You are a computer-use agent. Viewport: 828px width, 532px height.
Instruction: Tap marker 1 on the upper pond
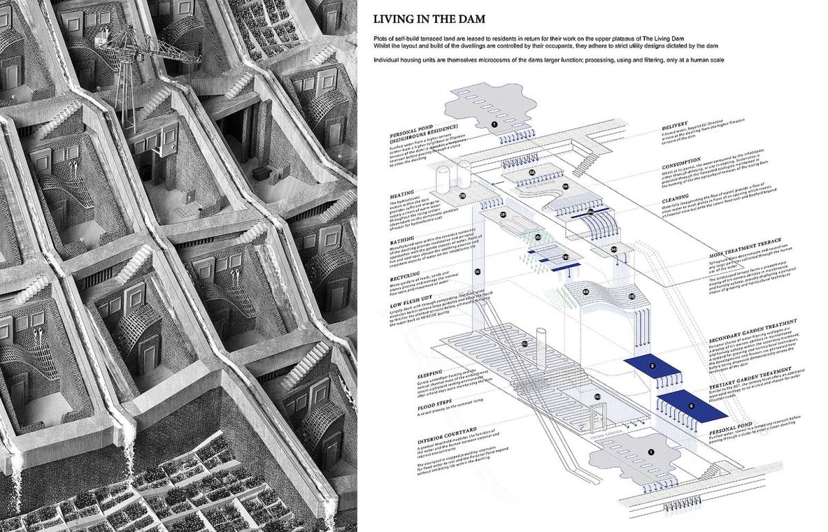tap(493, 124)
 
